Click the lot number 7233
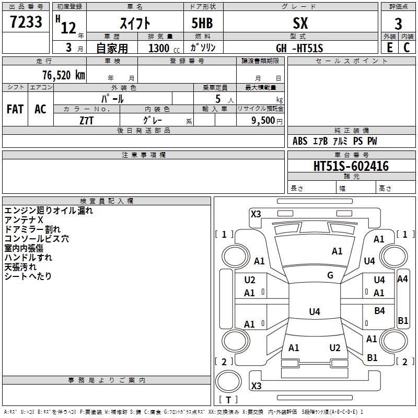(x=27, y=22)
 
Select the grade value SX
(x=300, y=24)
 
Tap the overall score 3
(x=398, y=24)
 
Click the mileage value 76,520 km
(x=63, y=75)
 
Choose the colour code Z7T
(x=87, y=120)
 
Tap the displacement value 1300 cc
(x=162, y=49)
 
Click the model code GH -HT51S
(x=299, y=49)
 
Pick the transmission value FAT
(x=15, y=109)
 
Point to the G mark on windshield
(x=330, y=275)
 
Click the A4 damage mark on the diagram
(x=402, y=279)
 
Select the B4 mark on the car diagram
(x=380, y=311)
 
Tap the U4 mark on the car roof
(x=314, y=312)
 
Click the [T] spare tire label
(x=228, y=400)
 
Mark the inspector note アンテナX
(x=24, y=220)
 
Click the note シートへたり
(x=28, y=276)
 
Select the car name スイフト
(x=135, y=24)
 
